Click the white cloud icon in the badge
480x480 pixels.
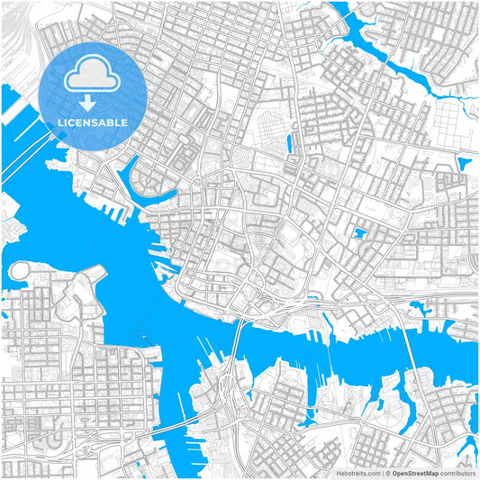[x=93, y=74]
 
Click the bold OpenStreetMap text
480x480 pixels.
[x=415, y=472]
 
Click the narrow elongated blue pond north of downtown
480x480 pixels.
[x=290, y=141]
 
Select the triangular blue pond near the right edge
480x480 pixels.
[x=465, y=164]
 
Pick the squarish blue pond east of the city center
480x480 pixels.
[x=360, y=234]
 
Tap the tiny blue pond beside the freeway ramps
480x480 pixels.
[x=312, y=298]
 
